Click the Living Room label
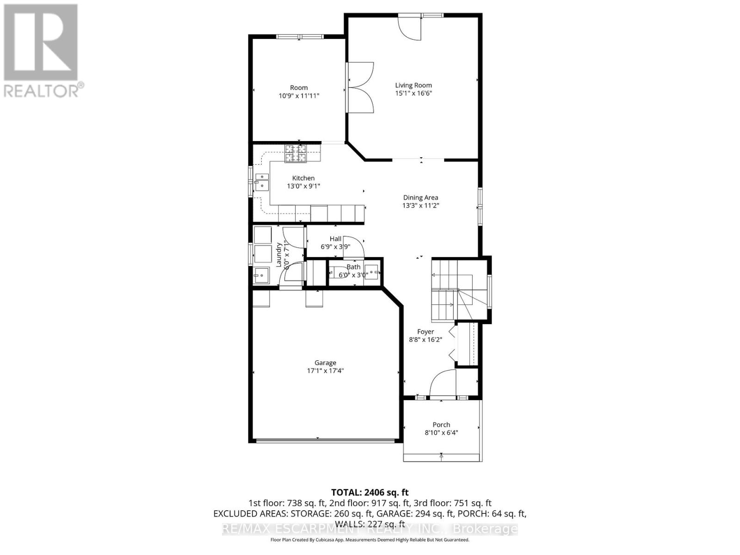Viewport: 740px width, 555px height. (413, 85)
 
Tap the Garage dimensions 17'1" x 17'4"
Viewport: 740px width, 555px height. (325, 371)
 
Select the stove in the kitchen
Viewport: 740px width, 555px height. (296, 154)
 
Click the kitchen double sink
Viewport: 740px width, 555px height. (262, 181)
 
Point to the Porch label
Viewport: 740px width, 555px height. (441, 425)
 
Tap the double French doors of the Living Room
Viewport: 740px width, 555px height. (361, 87)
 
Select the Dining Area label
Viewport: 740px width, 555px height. (420, 197)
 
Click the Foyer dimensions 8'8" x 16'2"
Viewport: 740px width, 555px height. (425, 339)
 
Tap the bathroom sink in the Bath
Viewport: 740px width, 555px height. (371, 271)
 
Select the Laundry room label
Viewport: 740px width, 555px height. (279, 254)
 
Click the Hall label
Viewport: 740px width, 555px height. (335, 239)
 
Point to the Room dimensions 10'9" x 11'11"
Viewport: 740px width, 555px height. (298, 96)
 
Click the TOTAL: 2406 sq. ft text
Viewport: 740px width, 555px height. (370, 493)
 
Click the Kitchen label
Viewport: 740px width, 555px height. (303, 178)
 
